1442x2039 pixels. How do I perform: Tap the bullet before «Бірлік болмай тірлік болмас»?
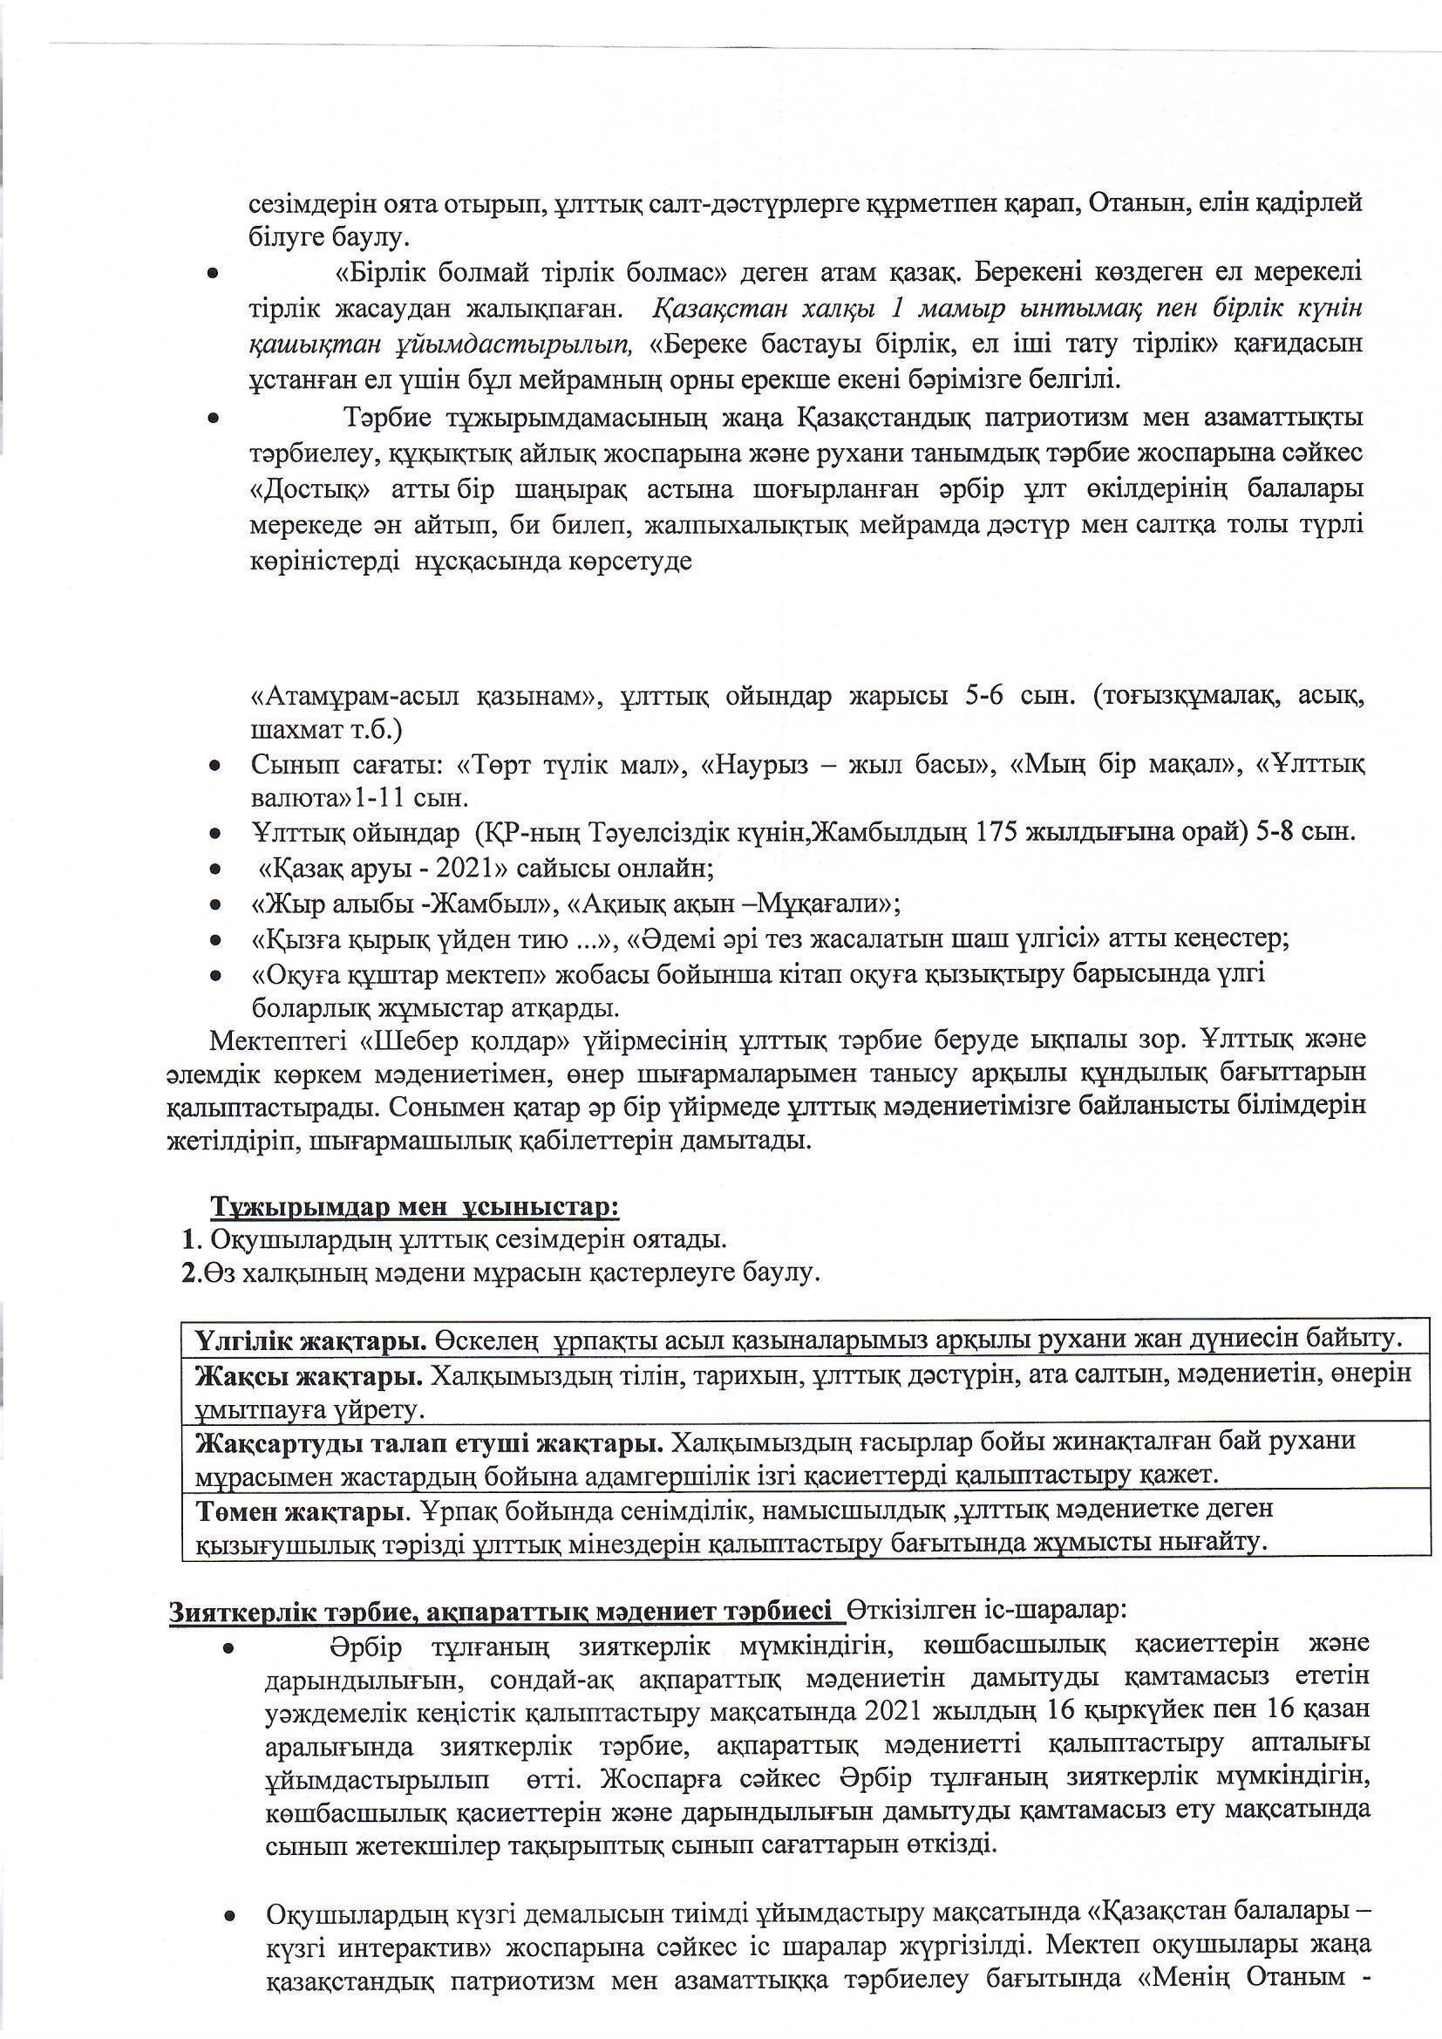click(212, 276)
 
